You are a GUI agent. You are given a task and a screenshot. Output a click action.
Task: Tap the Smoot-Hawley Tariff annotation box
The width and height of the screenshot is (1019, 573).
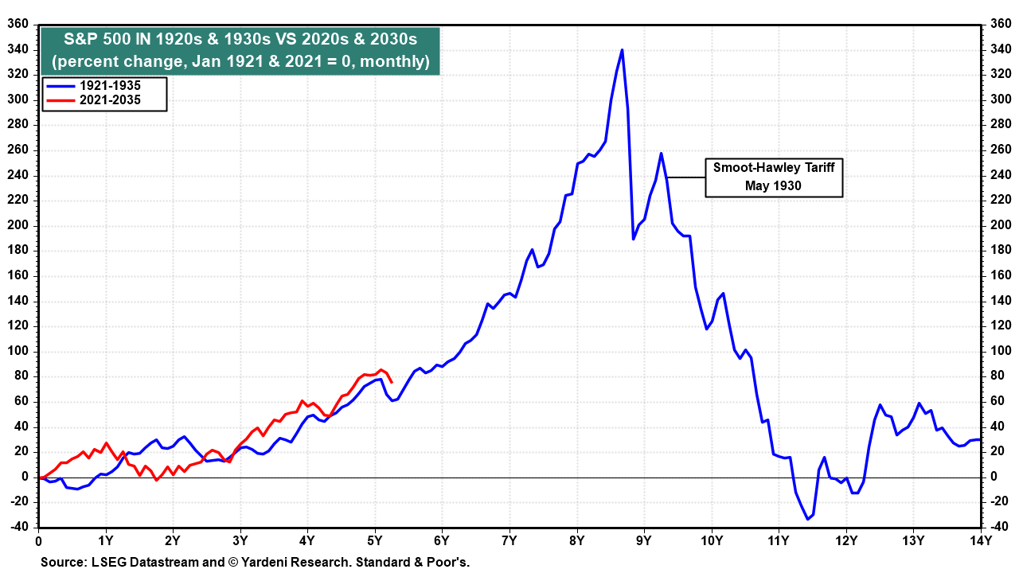pos(773,177)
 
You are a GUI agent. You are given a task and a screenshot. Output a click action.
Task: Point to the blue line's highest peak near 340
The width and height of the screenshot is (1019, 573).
pos(622,50)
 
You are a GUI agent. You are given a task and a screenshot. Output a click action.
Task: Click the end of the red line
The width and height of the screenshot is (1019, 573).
pos(391,382)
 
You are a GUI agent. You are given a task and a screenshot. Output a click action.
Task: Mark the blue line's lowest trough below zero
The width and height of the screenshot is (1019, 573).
pos(806,519)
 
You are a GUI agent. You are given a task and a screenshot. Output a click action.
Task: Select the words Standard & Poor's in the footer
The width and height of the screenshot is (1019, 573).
pos(415,562)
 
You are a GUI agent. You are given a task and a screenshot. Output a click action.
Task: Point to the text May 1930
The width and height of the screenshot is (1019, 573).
pos(773,185)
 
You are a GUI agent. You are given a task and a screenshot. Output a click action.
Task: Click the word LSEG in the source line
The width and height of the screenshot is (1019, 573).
pos(107,562)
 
